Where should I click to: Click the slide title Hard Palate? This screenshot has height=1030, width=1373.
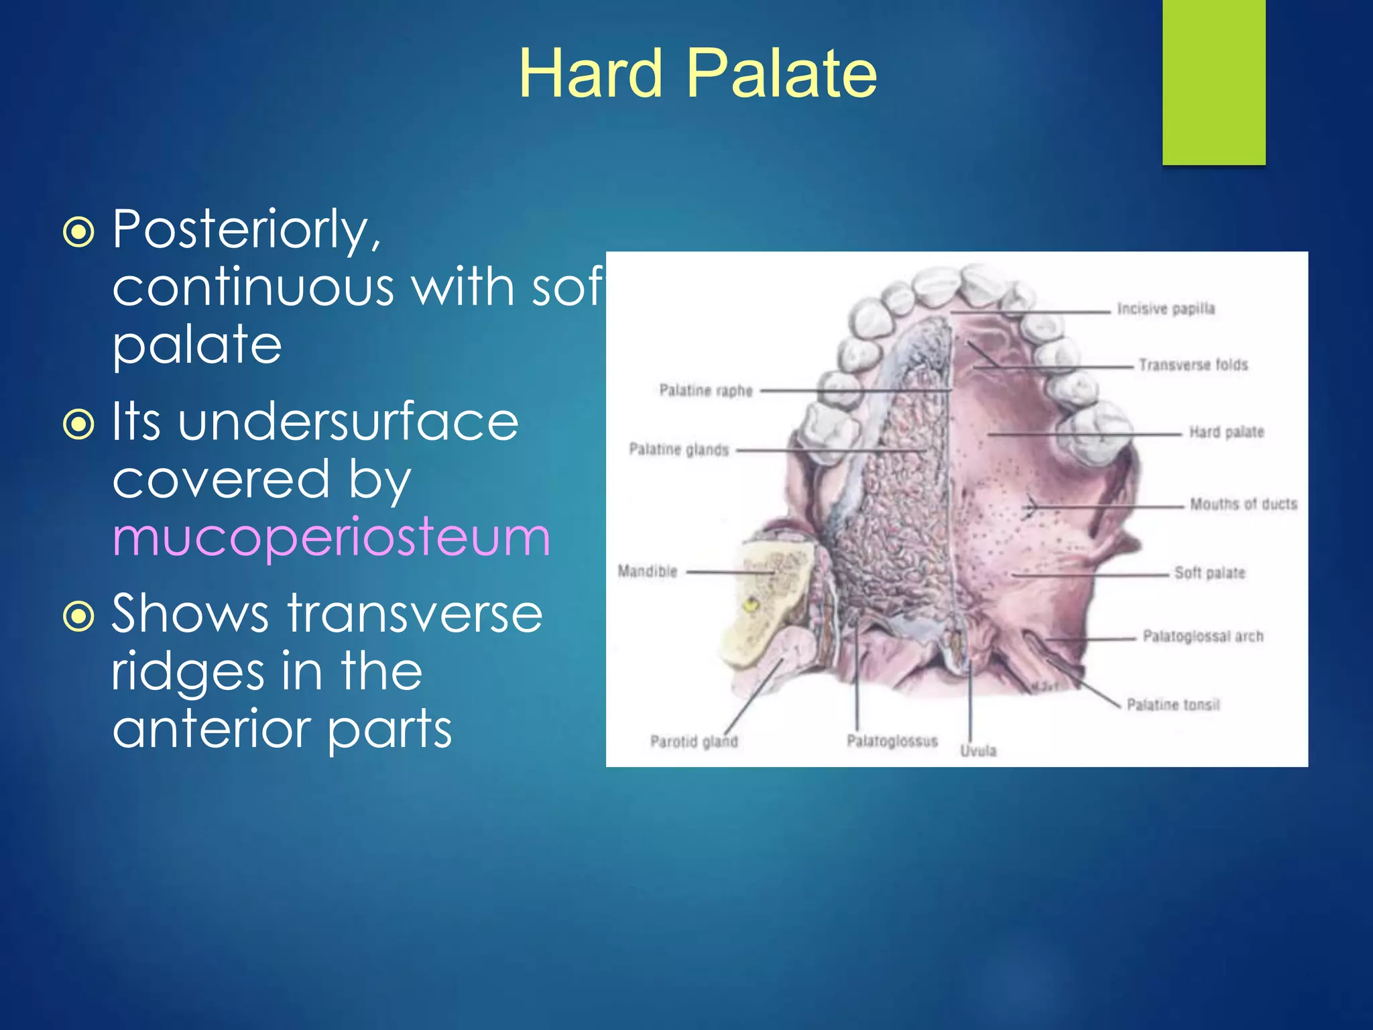pos(697,73)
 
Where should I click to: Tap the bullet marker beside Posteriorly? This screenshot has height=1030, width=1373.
pos(79,232)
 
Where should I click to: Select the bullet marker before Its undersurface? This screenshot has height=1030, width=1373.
pos(79,424)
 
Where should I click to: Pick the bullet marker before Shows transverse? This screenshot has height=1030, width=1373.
pos(79,616)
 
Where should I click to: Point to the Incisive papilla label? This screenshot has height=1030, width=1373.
pos(1165,309)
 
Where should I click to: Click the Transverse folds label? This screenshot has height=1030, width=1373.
pos(1193,365)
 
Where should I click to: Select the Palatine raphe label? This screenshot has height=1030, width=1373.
pos(706,390)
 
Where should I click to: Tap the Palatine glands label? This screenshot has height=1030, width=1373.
pos(678,449)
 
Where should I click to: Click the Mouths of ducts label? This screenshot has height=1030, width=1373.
pos(1243,504)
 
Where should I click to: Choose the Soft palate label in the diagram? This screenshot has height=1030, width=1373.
pos(1209,573)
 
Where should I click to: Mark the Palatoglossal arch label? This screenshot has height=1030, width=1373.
pos(1203,636)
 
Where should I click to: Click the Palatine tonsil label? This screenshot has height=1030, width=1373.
pos(1173,705)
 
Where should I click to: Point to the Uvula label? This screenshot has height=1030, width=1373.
pos(978,751)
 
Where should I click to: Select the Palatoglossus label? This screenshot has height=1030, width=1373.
pos(892,741)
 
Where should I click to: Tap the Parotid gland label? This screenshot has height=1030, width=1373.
pos(694,742)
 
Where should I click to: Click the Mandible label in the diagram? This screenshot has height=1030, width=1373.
pos(648,571)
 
